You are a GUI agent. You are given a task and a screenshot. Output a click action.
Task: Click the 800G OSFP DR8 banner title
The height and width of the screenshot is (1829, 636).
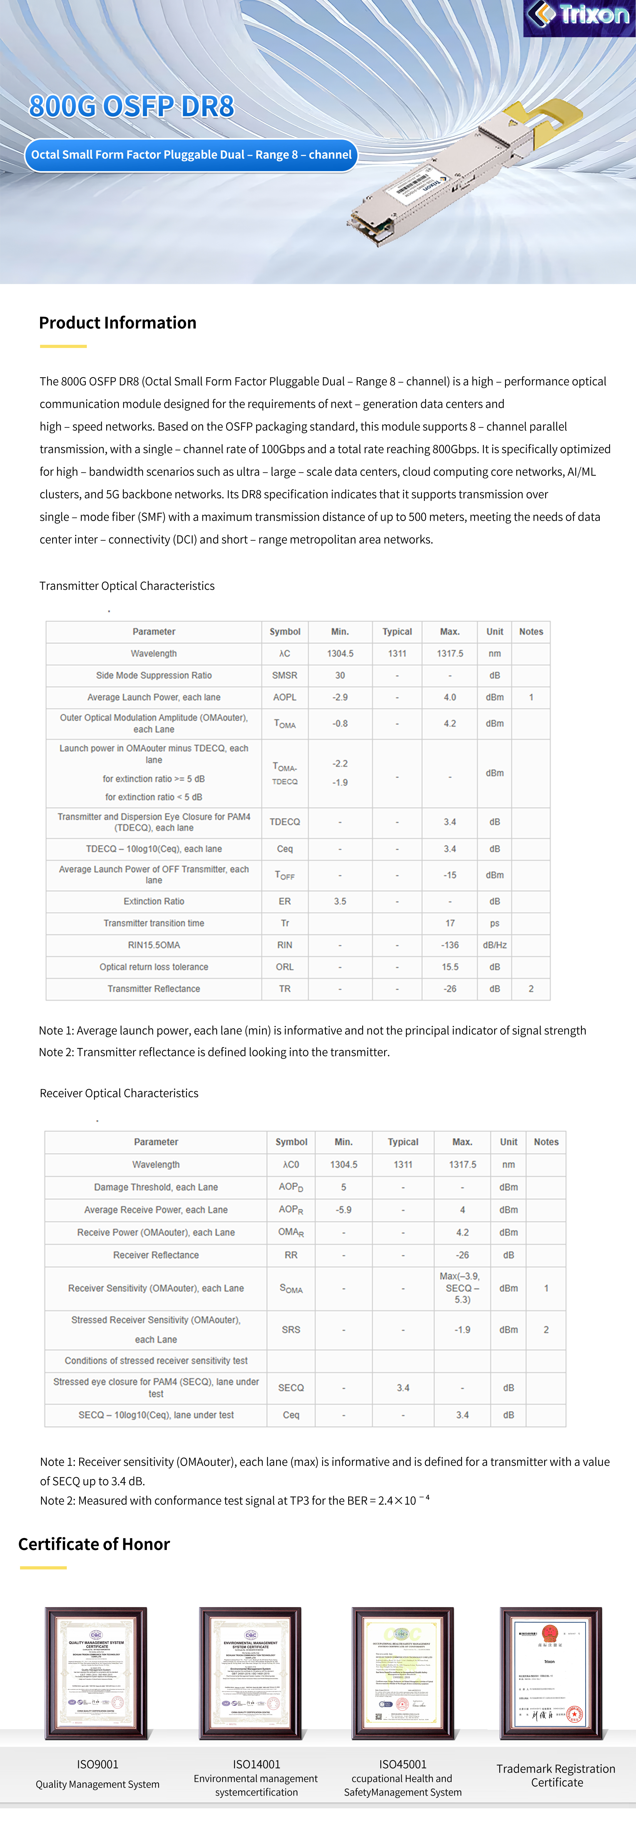pyautogui.click(x=131, y=107)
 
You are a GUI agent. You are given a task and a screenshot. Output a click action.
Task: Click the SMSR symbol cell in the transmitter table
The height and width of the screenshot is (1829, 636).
pyautogui.click(x=285, y=675)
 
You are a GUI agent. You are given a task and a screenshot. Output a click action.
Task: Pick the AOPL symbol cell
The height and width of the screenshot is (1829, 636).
pyautogui.click(x=285, y=697)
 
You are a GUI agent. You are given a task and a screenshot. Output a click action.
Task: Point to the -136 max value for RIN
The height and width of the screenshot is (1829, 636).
pyautogui.click(x=449, y=945)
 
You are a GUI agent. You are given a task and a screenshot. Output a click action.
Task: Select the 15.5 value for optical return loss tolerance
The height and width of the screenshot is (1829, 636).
pyautogui.click(x=449, y=967)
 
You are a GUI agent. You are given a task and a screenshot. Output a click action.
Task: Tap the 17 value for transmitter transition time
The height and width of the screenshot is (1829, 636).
pyautogui.click(x=449, y=923)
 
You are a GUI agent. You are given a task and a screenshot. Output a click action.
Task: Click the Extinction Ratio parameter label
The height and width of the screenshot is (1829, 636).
pyautogui.click(x=154, y=901)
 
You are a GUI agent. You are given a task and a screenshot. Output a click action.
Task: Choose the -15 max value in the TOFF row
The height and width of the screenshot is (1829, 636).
pyautogui.click(x=449, y=875)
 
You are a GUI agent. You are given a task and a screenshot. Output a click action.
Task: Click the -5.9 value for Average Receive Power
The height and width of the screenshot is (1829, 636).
pyautogui.click(x=343, y=1210)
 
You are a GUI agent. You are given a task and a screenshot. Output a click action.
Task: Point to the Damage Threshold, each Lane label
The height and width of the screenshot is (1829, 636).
pyautogui.click(x=156, y=1187)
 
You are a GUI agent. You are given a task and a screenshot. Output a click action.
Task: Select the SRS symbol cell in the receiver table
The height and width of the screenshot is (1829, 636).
pyautogui.click(x=291, y=1329)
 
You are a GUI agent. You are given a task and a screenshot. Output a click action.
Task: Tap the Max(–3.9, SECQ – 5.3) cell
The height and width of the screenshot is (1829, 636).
pyautogui.click(x=462, y=1288)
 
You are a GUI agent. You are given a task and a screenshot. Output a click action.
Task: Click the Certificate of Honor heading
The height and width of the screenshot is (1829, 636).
pyautogui.click(x=94, y=1544)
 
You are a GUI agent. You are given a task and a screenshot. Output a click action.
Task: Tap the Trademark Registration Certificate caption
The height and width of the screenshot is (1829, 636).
pyautogui.click(x=556, y=1775)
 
